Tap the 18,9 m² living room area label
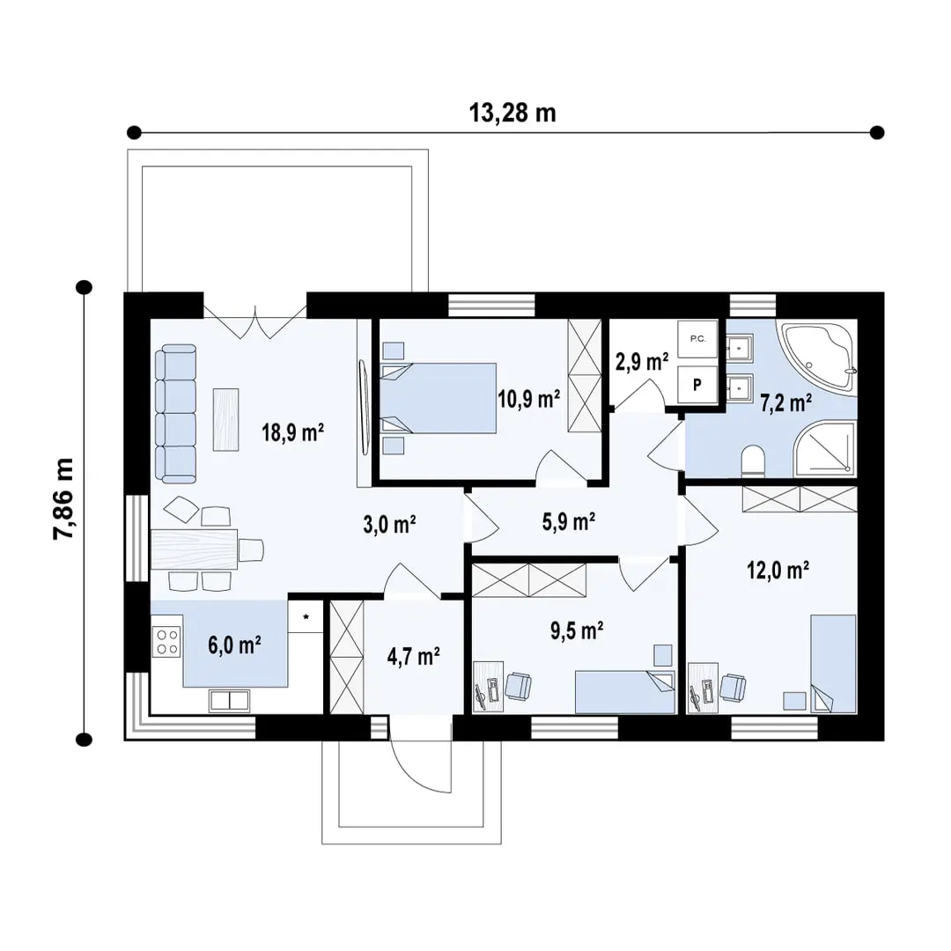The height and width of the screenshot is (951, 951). pos(293,431)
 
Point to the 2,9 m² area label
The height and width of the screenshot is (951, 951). pos(640,360)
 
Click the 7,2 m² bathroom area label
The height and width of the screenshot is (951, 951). pos(785,403)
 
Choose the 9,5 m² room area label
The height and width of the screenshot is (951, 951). pos(576,630)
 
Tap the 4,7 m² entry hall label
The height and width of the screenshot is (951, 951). pos(413,656)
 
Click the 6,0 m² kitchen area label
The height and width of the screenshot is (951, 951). pos(234,645)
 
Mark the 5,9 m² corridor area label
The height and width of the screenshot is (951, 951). pos(569,522)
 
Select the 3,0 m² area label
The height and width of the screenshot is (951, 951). pos(389,526)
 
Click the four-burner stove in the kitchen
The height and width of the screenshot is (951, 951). pos(166,640)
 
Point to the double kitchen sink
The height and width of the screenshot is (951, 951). pos(228,701)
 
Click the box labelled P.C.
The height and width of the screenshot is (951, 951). pos(697,339)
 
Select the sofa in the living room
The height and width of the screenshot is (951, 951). pos(176,414)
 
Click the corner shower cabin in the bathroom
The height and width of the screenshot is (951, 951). pos(824,452)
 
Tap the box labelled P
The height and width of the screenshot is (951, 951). pos(697,384)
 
